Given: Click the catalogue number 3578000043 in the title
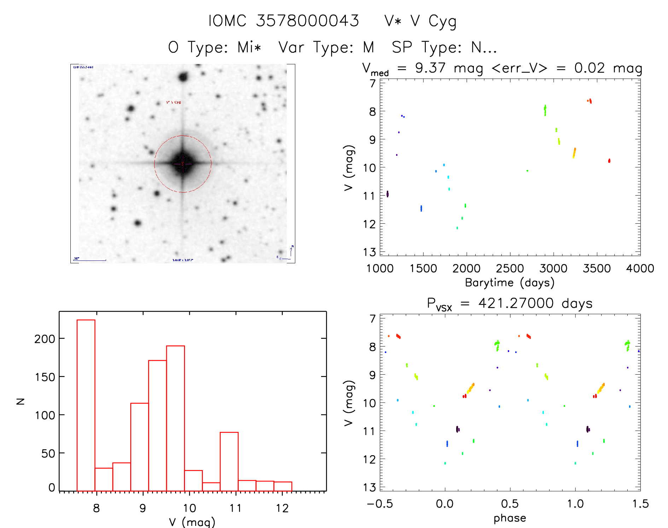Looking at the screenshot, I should coord(307,21).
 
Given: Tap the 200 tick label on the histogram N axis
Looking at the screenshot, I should coord(45,339).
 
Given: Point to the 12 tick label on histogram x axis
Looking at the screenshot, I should coord(282,508).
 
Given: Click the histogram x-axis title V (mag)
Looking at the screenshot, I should coord(192,522).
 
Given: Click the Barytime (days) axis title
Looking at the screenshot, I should coord(510,283).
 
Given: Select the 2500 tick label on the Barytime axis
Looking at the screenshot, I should coord(510,269).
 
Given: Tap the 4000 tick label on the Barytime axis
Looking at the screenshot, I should coord(640,269).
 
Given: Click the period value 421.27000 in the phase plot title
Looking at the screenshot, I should coord(516,303).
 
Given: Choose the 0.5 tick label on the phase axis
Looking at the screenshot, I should coord(510,504).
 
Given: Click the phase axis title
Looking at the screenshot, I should coord(510,518).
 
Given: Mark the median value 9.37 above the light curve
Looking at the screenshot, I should coord(430,68).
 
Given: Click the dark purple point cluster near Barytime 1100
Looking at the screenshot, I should coord(387,194).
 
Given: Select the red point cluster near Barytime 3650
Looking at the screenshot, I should coord(609,161).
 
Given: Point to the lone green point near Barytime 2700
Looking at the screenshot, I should coord(527,171).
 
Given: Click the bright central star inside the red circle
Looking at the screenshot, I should coord(182,164).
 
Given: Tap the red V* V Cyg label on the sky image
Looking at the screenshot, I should coord(174,102).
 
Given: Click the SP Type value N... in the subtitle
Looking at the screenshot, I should coord(484,47).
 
